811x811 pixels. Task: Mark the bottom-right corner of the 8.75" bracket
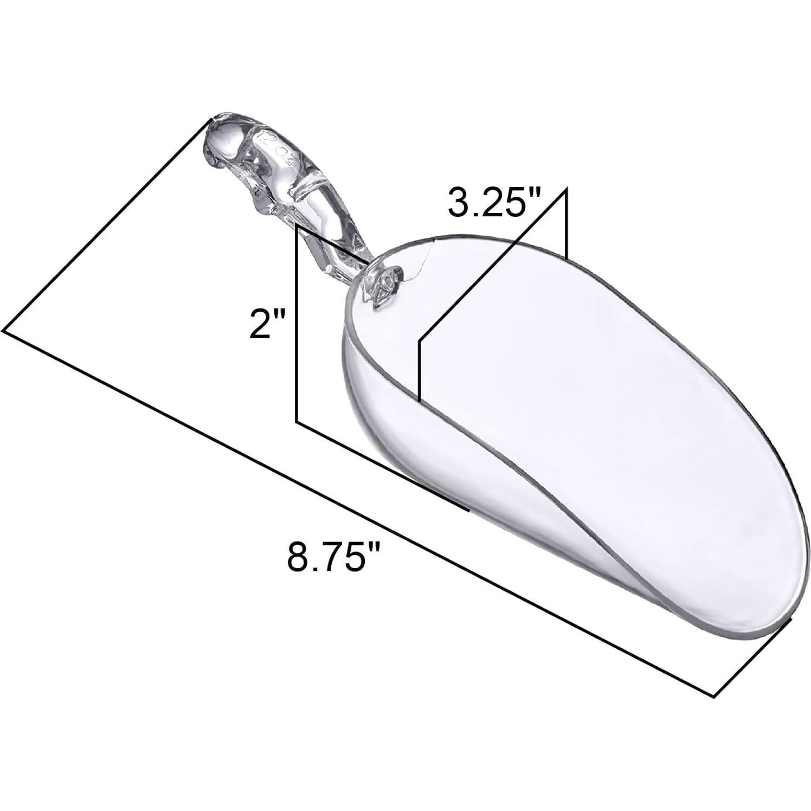[713, 695]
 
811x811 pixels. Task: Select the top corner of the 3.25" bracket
[566, 189]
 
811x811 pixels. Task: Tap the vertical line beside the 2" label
[297, 325]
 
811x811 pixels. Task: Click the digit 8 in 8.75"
[299, 553]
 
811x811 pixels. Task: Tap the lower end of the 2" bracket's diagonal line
[468, 510]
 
